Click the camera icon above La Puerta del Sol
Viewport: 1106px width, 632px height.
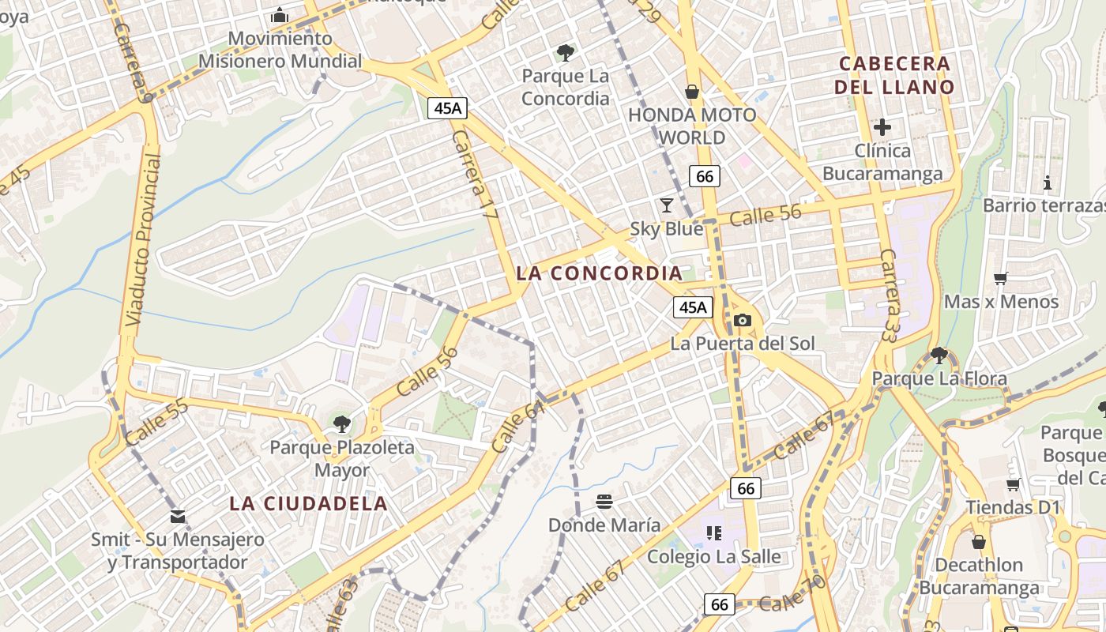coord(742,320)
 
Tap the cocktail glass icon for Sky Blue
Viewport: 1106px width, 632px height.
coord(667,205)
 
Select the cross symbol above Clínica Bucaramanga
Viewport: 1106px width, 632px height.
coord(882,126)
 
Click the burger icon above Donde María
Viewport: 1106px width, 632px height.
coord(604,501)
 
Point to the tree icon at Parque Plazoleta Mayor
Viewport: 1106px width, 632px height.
coord(342,424)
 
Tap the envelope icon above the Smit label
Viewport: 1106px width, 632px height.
coord(178,517)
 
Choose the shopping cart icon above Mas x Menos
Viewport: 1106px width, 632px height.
coord(1001,278)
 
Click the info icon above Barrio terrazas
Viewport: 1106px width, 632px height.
coord(1048,182)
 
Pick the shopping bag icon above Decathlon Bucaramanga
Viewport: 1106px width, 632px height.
coord(978,542)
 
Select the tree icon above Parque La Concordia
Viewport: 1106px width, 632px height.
coord(565,53)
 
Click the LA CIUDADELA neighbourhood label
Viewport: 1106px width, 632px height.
coord(309,503)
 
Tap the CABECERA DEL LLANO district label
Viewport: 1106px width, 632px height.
coord(895,75)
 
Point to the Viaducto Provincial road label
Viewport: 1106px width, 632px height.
coord(143,240)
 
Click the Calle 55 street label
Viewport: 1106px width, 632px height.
coord(156,422)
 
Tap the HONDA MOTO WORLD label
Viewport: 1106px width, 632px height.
coord(692,126)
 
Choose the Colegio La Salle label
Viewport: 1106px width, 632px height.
coord(714,557)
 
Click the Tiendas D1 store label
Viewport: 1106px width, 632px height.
coord(1013,507)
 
